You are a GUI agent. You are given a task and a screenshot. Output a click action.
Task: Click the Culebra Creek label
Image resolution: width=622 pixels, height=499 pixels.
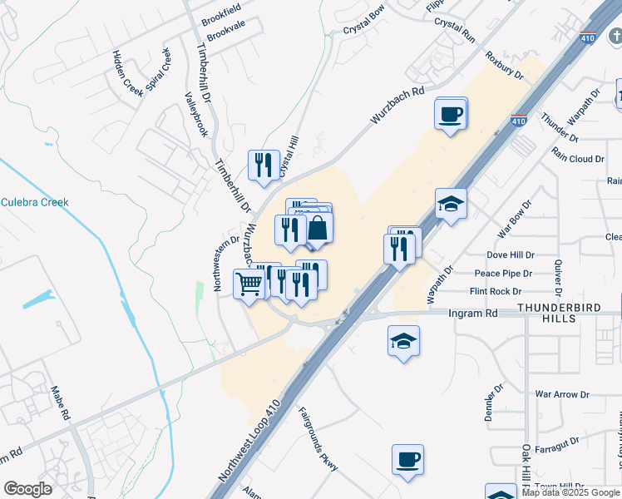click(35, 202)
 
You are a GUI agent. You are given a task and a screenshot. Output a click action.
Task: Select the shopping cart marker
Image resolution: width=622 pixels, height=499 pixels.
click(249, 284)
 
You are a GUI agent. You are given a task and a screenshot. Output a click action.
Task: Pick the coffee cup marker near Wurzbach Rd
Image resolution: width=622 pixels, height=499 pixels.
click(451, 114)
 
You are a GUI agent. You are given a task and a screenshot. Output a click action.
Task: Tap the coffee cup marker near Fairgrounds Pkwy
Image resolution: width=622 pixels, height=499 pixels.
click(407, 460)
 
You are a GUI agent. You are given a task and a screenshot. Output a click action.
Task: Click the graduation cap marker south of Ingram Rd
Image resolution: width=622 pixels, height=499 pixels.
click(403, 342)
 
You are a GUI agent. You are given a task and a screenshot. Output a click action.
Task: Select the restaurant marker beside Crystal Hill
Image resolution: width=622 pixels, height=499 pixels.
click(264, 165)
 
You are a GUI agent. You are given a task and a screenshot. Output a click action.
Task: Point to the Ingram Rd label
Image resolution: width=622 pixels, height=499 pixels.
click(472, 314)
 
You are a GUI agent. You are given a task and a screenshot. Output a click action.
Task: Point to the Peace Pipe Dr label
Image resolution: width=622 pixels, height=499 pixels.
click(504, 274)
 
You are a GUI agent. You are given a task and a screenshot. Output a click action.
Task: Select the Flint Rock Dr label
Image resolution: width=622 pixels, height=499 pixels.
click(496, 291)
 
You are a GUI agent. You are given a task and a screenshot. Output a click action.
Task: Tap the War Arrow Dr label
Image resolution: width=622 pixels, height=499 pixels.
click(561, 394)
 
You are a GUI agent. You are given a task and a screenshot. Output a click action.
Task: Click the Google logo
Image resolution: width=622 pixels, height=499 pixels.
click(27, 489)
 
